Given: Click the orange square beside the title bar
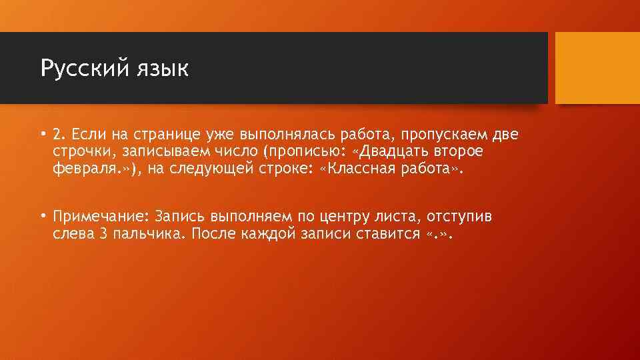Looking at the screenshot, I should [x=597, y=68].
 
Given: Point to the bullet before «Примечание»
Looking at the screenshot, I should [x=42, y=216].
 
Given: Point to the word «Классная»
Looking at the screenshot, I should [x=363, y=169].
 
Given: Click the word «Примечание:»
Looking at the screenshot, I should [x=101, y=217].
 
